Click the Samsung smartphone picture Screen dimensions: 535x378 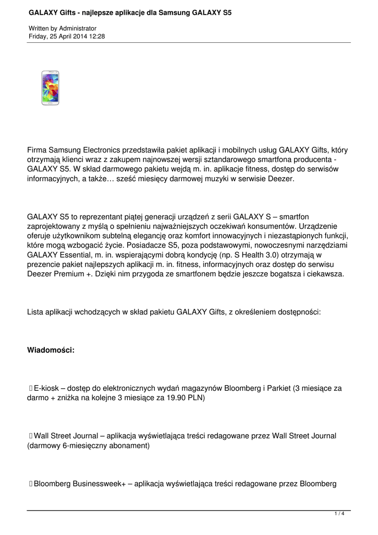click(50, 88)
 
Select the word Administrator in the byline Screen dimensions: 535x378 click(78, 28)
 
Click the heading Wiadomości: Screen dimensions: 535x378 click(51, 350)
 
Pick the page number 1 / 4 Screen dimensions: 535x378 click(339, 514)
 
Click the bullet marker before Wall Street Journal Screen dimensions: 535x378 click(31, 436)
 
